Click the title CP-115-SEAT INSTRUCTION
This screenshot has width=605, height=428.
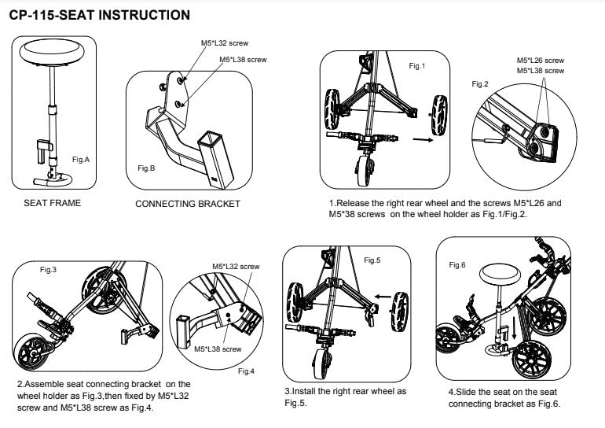(100, 15)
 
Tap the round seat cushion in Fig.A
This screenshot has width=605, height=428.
(52, 52)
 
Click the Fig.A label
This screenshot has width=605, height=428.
(81, 160)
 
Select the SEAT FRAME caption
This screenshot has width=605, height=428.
(53, 203)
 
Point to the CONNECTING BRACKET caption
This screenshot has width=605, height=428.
(188, 204)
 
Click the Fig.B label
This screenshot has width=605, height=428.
(146, 168)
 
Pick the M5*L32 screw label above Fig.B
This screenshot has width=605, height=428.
(225, 43)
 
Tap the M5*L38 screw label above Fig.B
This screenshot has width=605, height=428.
(243, 60)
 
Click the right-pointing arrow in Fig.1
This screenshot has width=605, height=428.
(423, 139)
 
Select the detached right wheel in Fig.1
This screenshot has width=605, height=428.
(439, 115)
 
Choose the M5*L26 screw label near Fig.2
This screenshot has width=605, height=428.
(541, 61)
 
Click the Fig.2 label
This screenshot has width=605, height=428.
(480, 84)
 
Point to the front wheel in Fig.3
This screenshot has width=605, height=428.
(31, 352)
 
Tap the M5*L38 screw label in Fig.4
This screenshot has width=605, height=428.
(218, 349)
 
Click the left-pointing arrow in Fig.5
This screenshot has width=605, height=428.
(383, 297)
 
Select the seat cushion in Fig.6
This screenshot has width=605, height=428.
(500, 275)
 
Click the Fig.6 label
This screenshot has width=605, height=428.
(457, 265)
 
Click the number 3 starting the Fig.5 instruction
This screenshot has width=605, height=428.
(288, 391)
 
